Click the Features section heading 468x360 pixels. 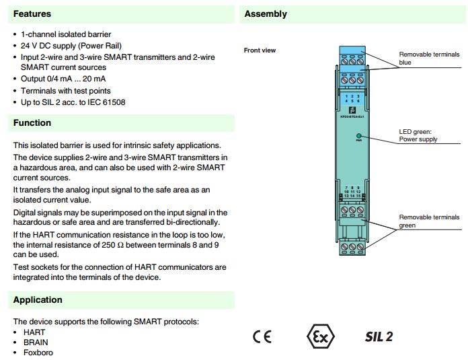click(x=32, y=13)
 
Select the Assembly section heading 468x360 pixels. click(x=266, y=13)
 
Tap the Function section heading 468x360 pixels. click(x=32, y=122)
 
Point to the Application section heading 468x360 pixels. click(x=38, y=300)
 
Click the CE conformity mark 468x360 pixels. click(x=262, y=336)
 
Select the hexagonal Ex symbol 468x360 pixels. click(x=320, y=336)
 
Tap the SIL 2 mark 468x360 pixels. click(x=379, y=336)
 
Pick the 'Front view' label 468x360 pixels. click(x=260, y=50)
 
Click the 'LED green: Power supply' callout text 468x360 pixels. click(x=418, y=135)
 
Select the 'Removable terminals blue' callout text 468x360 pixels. click(x=429, y=59)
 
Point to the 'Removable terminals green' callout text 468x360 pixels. click(x=429, y=221)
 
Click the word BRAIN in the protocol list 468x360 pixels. click(x=35, y=343)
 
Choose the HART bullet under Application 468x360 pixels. click(x=33, y=332)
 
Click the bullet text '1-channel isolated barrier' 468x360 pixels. click(x=66, y=34)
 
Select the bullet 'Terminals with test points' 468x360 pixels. click(x=66, y=91)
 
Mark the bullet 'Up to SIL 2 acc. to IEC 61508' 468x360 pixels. click(x=73, y=102)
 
